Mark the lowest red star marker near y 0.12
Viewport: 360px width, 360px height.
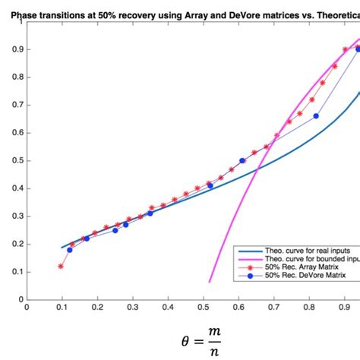coord(61,266)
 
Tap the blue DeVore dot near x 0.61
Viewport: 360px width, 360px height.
coord(242,160)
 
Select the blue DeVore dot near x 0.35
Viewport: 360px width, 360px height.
coord(150,213)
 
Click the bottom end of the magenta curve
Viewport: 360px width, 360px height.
coord(210,282)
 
